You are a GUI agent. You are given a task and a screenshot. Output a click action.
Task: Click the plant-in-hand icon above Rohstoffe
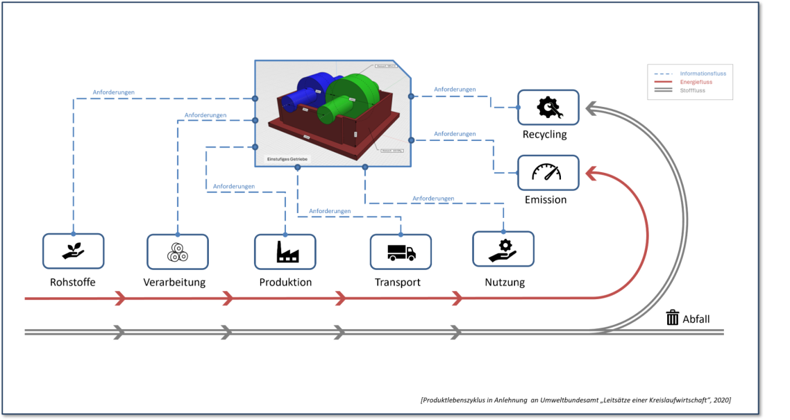click(x=73, y=251)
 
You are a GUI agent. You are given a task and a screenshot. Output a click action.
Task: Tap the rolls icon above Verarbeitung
click(x=177, y=252)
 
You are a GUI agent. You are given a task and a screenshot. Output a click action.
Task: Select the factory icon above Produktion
click(x=285, y=251)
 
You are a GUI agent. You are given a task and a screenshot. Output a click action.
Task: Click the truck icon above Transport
click(x=401, y=251)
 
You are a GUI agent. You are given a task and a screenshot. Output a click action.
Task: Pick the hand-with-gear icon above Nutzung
click(x=503, y=249)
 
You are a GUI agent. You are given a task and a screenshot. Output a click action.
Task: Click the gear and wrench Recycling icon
click(x=548, y=107)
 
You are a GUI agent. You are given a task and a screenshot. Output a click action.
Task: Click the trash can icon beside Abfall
click(x=672, y=318)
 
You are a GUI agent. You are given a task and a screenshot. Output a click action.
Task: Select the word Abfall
click(x=696, y=319)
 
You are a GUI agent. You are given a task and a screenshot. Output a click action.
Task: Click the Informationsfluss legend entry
click(x=703, y=74)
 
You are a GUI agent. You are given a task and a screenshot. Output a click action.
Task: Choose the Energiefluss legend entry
click(x=696, y=82)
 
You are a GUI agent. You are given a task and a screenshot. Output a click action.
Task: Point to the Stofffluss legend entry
click(x=692, y=90)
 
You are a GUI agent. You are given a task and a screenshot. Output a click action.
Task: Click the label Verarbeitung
click(x=174, y=283)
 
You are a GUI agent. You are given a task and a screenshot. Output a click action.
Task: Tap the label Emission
click(x=546, y=200)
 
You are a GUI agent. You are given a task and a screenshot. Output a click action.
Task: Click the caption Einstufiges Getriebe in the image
click(x=288, y=159)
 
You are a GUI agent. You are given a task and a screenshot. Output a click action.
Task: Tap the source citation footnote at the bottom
click(x=575, y=400)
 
